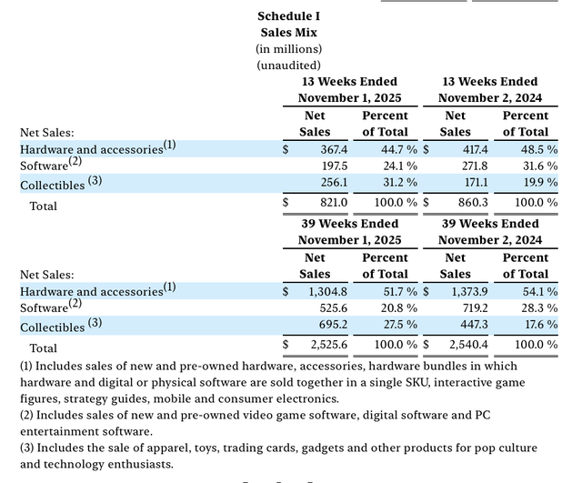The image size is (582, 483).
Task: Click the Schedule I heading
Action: [288, 15]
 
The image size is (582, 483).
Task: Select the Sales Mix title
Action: [288, 32]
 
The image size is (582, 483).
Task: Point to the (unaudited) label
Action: [288, 65]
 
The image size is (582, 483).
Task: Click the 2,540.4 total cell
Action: [463, 345]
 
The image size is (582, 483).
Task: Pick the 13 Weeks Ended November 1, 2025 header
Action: [349, 89]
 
